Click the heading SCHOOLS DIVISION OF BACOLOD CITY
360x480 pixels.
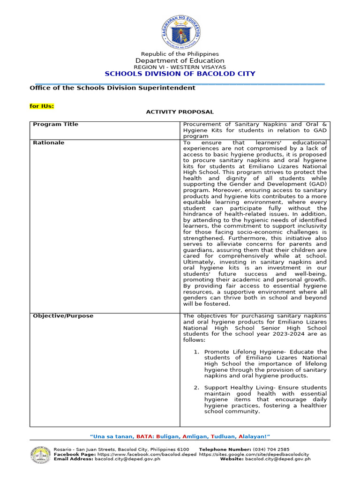tap(180, 74)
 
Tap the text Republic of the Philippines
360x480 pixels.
tap(180, 54)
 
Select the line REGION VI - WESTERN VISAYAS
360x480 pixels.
tap(180, 67)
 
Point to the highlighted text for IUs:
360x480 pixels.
tap(42, 106)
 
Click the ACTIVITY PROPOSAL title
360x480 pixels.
tap(180, 112)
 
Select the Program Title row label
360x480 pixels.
tap(55, 124)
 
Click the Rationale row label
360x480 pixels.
tap(48, 142)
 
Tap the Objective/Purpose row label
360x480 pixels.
tap(63, 316)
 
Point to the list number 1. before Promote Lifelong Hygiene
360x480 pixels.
tap(197, 352)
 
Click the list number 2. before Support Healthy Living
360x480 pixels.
tap(197, 388)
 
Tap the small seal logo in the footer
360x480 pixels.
tap(41, 454)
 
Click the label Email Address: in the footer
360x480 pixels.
tap(74, 459)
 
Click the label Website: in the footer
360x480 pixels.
tap(232, 459)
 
